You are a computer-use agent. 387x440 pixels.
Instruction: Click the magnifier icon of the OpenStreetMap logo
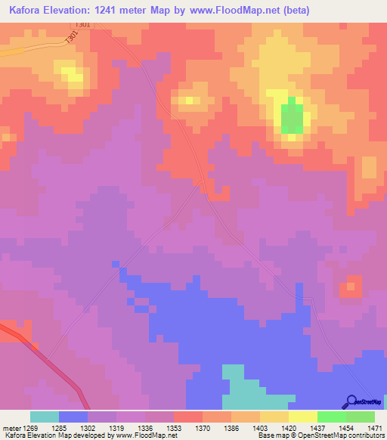pos(351,401)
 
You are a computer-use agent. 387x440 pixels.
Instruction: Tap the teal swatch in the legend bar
pos(45,417)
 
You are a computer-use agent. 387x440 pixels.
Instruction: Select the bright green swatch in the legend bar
pos(331,417)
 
